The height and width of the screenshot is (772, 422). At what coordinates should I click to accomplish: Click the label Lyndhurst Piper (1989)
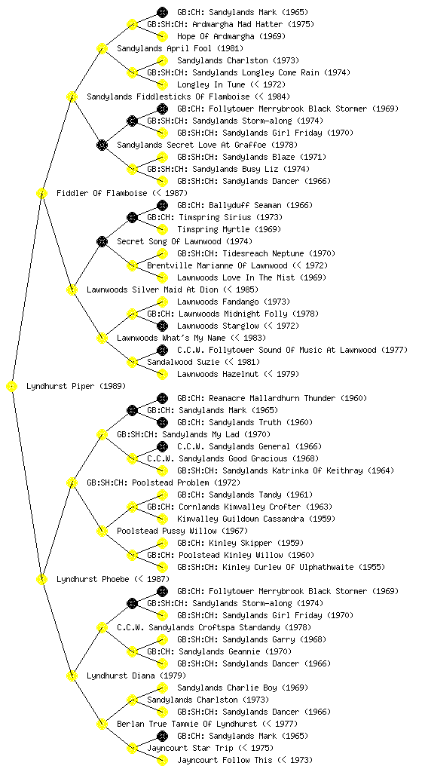tap(76, 387)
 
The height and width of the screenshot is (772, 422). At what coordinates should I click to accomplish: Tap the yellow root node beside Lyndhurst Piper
tap(12, 387)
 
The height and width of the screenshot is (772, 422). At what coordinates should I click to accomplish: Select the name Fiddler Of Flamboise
tap(102, 194)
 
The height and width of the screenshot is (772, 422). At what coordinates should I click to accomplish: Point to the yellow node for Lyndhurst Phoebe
tap(41, 580)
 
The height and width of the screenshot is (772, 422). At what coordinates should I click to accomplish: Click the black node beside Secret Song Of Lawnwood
tap(102, 242)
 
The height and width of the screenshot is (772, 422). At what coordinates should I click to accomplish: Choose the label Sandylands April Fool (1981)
tap(180, 49)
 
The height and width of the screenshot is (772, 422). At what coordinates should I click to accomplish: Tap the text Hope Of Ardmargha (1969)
tap(231, 36)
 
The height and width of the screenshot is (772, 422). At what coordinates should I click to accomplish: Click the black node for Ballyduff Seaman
tap(162, 205)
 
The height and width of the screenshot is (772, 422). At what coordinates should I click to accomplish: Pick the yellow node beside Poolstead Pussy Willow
tap(102, 532)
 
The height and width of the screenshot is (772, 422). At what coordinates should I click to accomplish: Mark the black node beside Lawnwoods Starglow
tap(162, 326)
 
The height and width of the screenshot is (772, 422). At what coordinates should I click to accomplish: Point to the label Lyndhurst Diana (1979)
tap(136, 676)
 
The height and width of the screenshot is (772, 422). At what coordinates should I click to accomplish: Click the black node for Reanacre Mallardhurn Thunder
tap(162, 398)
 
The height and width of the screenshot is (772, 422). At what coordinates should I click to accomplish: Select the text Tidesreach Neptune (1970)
tap(279, 254)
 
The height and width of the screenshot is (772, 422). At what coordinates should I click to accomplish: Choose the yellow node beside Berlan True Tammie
tap(102, 725)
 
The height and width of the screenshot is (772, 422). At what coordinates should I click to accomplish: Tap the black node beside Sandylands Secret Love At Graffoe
tap(102, 146)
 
